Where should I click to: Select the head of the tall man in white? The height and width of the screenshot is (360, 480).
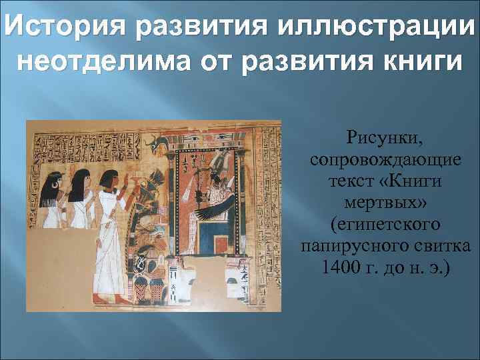(109, 177)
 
